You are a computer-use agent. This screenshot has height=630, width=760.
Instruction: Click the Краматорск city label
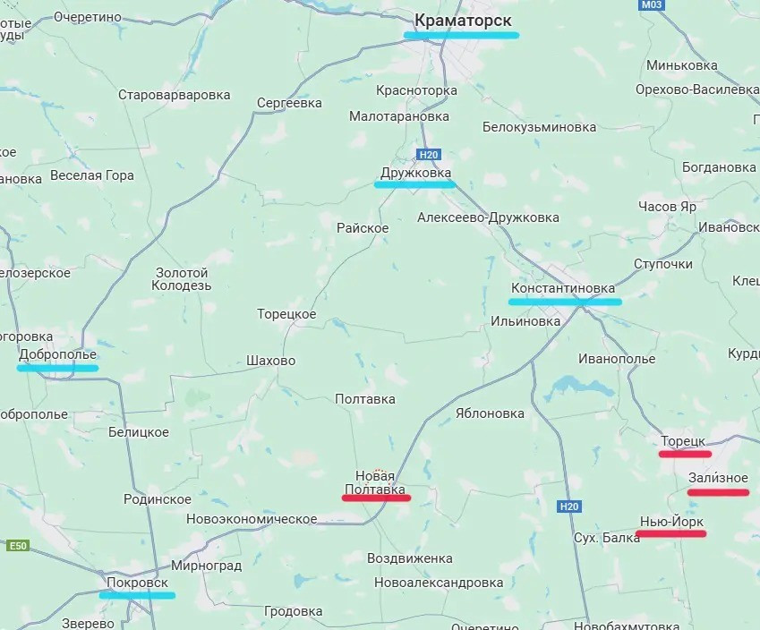463,19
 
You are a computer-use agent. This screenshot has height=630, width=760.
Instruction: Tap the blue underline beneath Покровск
137,595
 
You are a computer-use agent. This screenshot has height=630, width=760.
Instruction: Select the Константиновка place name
563,288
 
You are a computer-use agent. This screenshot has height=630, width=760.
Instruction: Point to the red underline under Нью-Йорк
670,534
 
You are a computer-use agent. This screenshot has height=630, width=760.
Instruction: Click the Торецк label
685,441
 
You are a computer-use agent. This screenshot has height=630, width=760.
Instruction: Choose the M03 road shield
652,5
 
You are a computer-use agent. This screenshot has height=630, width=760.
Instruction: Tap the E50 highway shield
17,546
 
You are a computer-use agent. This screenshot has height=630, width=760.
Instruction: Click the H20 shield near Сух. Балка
569,507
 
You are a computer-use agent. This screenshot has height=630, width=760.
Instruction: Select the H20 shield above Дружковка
429,155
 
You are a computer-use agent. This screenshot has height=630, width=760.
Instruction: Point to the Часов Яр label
667,206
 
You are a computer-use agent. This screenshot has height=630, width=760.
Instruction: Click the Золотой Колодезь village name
182,279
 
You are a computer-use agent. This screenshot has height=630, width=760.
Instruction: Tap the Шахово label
270,361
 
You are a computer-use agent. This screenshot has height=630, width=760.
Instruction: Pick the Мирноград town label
207,566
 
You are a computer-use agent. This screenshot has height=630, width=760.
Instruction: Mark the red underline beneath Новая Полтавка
376,498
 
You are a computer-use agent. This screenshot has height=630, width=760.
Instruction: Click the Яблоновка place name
490,413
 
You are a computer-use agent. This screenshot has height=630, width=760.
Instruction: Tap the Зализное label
718,479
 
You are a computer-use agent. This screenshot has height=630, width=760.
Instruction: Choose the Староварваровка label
174,95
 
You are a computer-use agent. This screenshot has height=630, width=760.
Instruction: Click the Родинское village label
158,499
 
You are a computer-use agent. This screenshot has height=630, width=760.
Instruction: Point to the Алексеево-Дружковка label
488,217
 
